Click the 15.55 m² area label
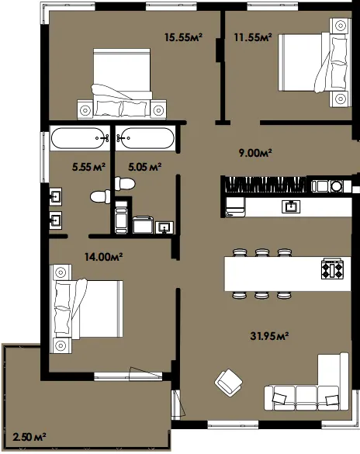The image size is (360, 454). (183, 37)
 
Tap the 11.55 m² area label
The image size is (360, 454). (253, 37)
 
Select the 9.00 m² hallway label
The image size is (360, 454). (255, 153)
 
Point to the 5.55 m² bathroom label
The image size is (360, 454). (88, 167)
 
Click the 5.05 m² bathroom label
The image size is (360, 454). (144, 167)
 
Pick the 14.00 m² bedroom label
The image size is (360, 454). (104, 257)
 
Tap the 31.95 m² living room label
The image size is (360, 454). (269, 336)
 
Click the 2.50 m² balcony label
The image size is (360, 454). (29, 437)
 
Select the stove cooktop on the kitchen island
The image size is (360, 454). (333, 269)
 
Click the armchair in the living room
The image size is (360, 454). (228, 383)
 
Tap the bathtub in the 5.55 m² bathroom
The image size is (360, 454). (80, 138)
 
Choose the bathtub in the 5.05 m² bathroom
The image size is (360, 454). (145, 138)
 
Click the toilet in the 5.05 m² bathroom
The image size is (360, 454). (125, 184)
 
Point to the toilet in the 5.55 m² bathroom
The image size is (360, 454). (100, 197)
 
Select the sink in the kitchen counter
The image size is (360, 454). (291, 206)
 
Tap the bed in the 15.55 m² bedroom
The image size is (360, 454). (122, 83)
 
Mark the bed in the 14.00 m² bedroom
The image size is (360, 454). (87, 309)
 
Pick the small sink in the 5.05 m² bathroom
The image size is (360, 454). (164, 227)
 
